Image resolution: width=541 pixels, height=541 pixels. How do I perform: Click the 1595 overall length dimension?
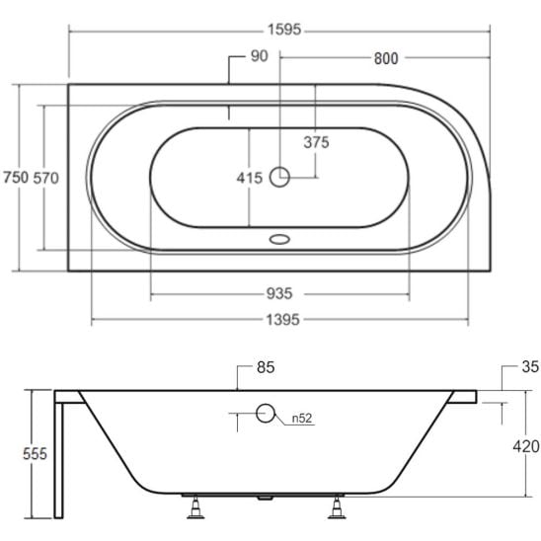pyautogui.click(x=284, y=30)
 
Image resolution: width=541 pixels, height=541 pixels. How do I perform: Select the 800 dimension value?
pyautogui.click(x=386, y=58)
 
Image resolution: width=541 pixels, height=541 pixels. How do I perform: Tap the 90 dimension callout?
pyautogui.click(x=259, y=56)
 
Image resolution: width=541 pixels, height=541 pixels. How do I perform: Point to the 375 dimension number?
pyautogui.click(x=316, y=142)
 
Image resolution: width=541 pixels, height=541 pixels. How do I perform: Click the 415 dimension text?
pyautogui.click(x=250, y=178)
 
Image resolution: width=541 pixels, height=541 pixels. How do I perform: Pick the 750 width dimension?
pyautogui.click(x=16, y=178)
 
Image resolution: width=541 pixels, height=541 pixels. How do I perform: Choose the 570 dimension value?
pyautogui.click(x=45, y=178)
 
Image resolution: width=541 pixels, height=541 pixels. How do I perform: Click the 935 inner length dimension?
pyautogui.click(x=279, y=294)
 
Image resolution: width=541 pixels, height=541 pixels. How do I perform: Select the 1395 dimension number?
pyautogui.click(x=282, y=320)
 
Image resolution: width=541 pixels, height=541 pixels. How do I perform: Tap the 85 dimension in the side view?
pyautogui.click(x=266, y=367)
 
